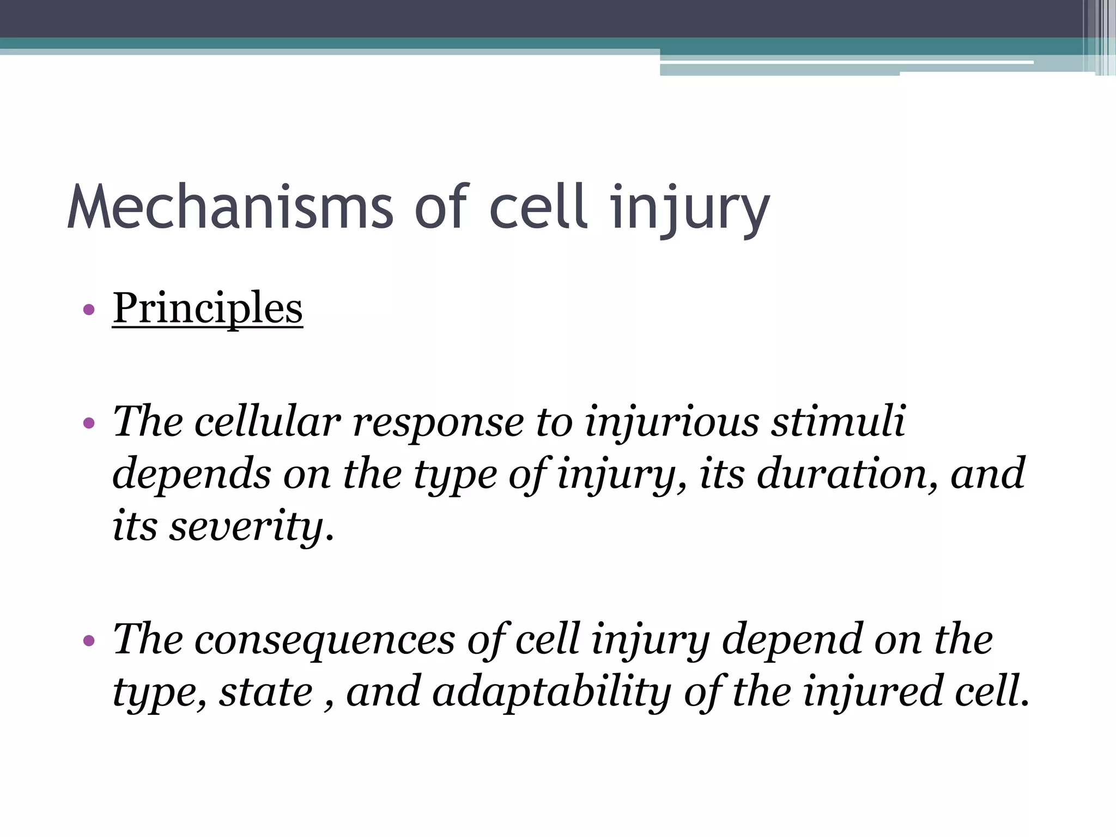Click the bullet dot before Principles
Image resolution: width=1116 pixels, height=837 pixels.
(89, 311)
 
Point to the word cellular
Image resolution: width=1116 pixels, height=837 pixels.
(268, 422)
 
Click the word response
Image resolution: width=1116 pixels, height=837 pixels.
(439, 422)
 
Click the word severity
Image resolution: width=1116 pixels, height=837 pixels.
(245, 526)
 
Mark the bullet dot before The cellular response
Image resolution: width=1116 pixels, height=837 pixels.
(89, 423)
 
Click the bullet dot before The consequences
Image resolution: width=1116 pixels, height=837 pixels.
(89, 640)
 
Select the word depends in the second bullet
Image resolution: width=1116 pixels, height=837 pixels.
(191, 474)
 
